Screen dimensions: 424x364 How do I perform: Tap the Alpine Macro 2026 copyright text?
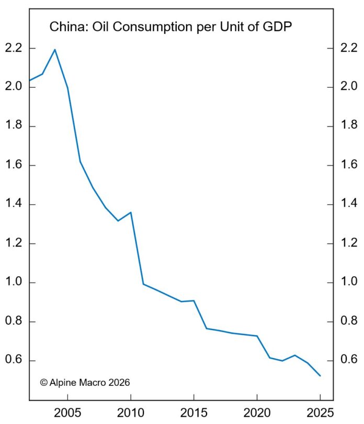click(85, 383)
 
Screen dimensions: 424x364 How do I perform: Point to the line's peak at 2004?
click(55, 50)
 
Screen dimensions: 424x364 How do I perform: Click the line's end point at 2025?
click(320, 376)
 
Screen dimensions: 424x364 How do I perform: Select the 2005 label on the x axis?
click(67, 414)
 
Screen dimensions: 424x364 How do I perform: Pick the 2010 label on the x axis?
click(131, 414)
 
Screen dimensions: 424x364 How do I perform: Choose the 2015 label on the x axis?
click(194, 414)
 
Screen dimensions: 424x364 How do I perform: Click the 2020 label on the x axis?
click(257, 414)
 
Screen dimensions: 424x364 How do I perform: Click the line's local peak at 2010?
click(131, 212)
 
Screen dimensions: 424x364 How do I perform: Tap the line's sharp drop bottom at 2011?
click(143, 284)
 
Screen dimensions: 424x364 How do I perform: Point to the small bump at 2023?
click(295, 355)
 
